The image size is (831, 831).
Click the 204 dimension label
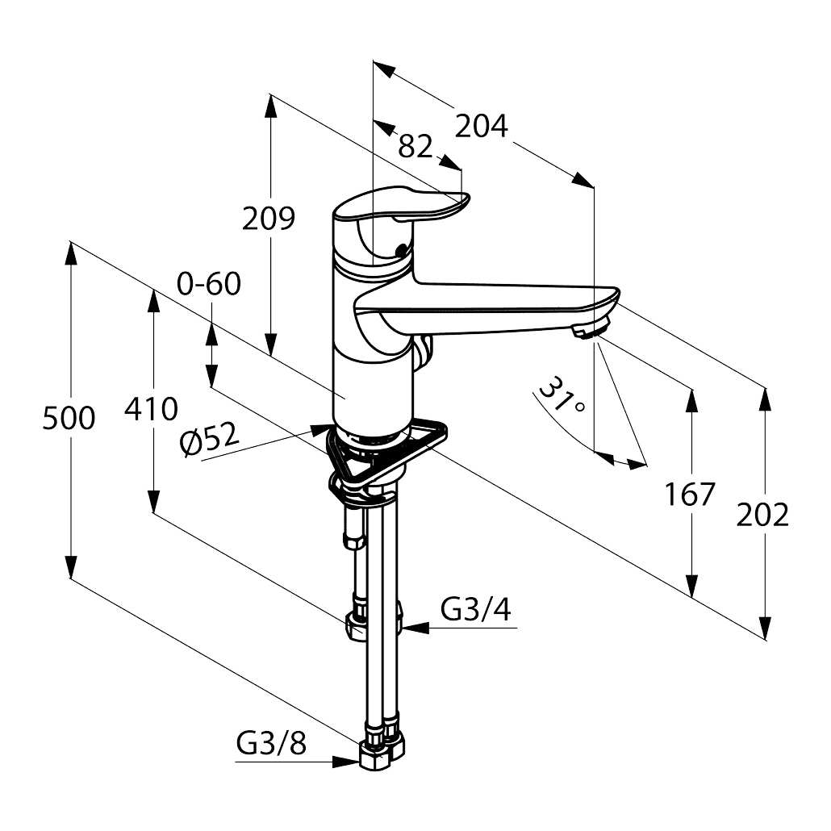click(x=481, y=126)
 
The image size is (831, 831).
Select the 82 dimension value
click(x=415, y=146)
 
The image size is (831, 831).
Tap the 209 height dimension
click(x=268, y=218)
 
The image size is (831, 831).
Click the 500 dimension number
click(x=69, y=418)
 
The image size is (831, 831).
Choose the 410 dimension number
click(x=151, y=409)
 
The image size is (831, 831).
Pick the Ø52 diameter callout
click(x=210, y=440)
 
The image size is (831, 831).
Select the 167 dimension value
click(x=690, y=494)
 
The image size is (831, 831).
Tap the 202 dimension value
click(x=762, y=515)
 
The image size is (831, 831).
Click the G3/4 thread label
click(x=476, y=609)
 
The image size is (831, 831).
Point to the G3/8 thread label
click(x=271, y=744)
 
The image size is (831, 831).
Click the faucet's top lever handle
click(x=400, y=206)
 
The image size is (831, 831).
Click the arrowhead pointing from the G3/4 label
click(x=415, y=628)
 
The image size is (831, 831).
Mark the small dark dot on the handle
click(x=403, y=248)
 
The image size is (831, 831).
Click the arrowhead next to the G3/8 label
click(x=345, y=762)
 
